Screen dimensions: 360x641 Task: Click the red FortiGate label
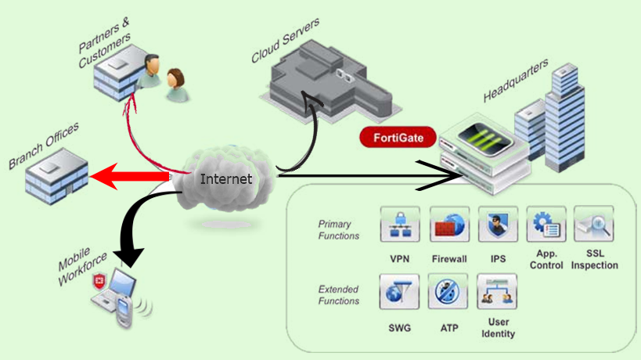[397, 138]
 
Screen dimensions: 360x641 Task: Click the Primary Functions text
[339, 229]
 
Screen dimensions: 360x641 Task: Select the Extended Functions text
[339, 295]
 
